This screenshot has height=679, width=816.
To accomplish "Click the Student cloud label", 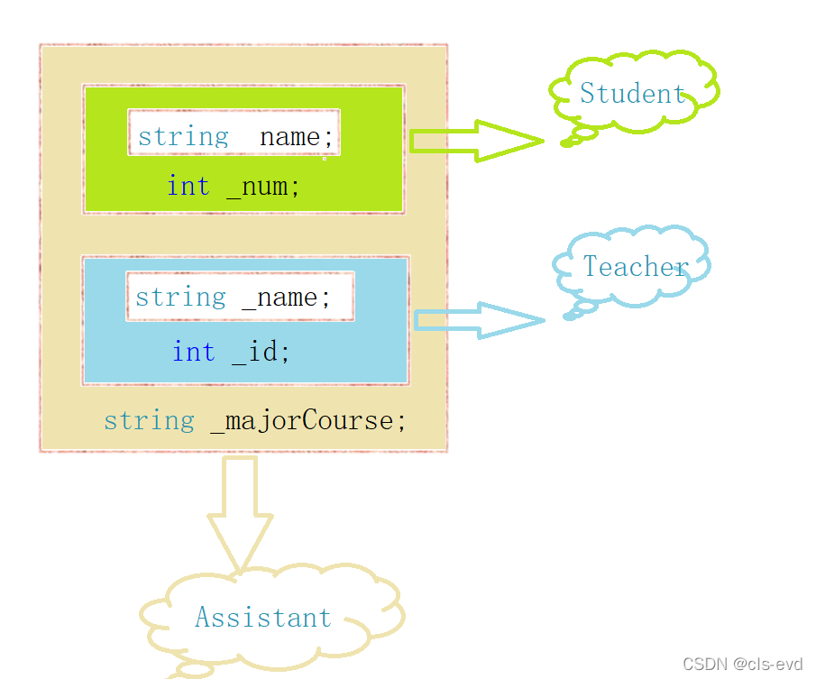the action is (632, 93).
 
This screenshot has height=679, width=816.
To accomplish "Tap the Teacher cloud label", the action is (636, 266).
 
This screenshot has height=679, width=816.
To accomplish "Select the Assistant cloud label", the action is (263, 618).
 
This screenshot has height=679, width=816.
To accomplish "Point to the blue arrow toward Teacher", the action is (478, 320).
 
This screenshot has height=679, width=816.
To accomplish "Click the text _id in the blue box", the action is (261, 351).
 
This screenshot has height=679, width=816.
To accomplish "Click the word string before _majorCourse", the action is (149, 420).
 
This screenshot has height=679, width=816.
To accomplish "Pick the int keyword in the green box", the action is (188, 187).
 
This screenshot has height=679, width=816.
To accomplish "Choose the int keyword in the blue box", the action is (194, 351).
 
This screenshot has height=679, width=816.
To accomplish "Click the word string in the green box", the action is (183, 137).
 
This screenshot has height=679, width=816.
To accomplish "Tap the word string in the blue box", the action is (180, 297).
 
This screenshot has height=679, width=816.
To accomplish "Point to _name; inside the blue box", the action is (286, 297).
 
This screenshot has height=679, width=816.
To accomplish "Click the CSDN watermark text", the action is (742, 665).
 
